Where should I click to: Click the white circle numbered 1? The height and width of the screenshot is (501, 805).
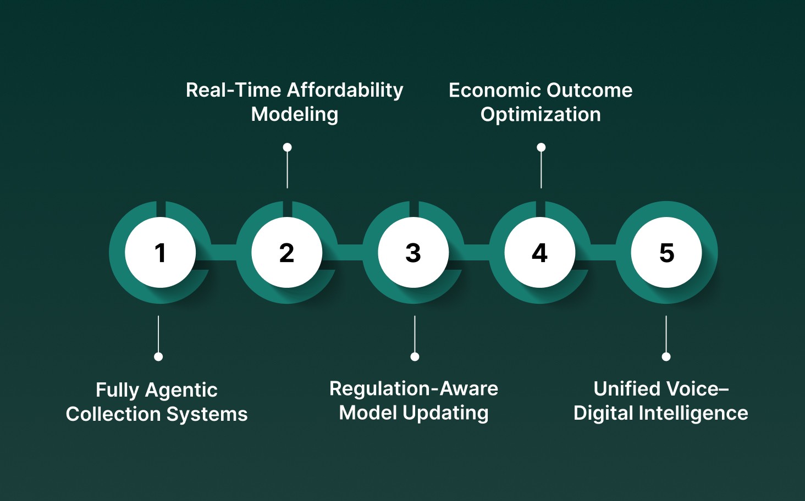tap(160, 253)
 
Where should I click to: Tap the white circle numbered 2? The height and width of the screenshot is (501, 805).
tap(286, 253)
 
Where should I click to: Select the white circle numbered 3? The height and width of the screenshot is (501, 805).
tap(413, 253)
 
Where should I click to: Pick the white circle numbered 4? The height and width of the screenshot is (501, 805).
tap(539, 253)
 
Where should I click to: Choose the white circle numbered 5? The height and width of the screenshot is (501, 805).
tap(666, 253)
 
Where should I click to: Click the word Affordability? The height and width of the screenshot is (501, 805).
tap(345, 90)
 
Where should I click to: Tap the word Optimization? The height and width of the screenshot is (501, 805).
tap(541, 115)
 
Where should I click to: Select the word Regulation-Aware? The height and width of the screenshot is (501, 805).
tap(413, 389)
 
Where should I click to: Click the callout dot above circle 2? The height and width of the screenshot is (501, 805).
tap(287, 147)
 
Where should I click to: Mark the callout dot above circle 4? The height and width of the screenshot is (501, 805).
tap(541, 147)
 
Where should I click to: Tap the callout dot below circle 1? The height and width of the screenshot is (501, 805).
tap(158, 357)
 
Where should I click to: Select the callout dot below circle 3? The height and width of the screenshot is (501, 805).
tap(415, 357)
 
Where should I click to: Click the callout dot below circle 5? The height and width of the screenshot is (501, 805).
tap(666, 357)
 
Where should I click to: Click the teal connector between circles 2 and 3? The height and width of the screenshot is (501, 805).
tap(350, 252)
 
